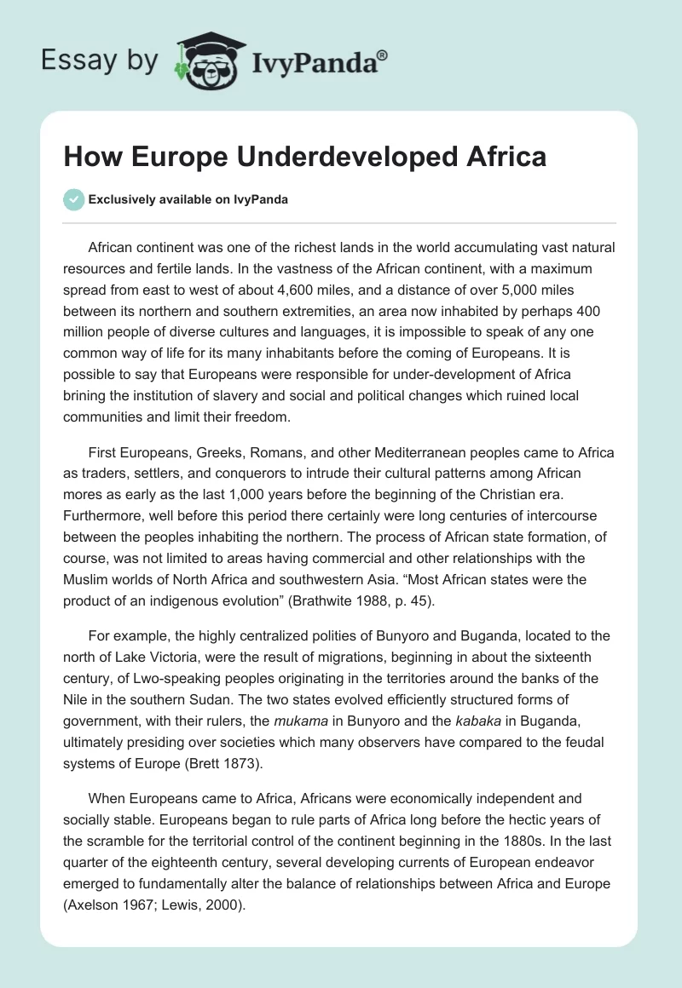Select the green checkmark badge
(73, 199)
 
